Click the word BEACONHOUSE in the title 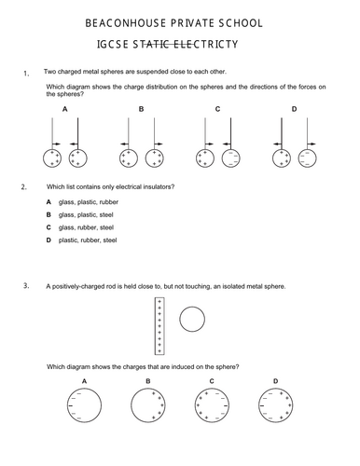tap(125, 23)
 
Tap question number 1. tap(26, 74)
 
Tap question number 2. tap(24, 187)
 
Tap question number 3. tap(26, 285)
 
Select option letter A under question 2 tap(48, 202)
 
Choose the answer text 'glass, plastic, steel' tap(86, 215)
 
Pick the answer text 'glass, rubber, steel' tap(86, 227)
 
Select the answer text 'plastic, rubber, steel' tap(88, 240)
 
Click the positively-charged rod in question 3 tap(159, 326)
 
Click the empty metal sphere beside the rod tap(192, 320)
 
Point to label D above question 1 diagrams tap(294, 109)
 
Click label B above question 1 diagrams tap(141, 109)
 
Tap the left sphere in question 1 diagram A tap(43, 158)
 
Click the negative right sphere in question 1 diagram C tap(222, 158)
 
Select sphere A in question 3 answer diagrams tap(67, 405)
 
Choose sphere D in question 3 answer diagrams tap(258, 405)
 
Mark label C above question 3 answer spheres tap(212, 381)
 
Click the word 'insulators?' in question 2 tap(159, 187)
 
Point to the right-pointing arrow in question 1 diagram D tap(312, 144)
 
